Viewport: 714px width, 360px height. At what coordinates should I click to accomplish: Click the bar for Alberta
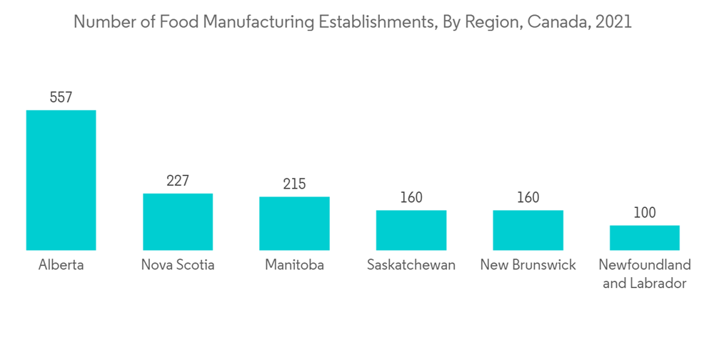point(61,180)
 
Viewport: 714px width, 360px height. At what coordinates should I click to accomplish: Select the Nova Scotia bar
point(178,221)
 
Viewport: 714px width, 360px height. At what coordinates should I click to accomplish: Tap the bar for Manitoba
point(294,223)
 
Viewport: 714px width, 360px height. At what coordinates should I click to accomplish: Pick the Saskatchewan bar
point(411,230)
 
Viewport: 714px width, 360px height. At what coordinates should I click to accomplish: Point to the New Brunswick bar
point(528,230)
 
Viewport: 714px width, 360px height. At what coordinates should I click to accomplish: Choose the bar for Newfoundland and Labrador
point(645,237)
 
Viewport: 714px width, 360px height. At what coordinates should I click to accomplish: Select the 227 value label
point(178,181)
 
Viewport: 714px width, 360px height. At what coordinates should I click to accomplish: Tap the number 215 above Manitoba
point(294,184)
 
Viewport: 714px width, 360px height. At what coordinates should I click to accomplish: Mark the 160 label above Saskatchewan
point(411,198)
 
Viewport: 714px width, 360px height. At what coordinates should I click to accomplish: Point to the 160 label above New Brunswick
point(528,198)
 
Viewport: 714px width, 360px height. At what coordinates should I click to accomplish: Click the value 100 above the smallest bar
point(645,213)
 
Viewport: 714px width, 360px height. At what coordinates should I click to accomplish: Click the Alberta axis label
point(61,266)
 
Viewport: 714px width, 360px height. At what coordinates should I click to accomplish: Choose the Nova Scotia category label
point(178,266)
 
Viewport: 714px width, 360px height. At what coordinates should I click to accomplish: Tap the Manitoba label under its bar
point(294,266)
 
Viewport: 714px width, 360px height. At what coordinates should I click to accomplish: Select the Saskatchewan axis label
point(411,266)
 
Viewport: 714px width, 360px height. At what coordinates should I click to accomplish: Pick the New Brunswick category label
point(528,266)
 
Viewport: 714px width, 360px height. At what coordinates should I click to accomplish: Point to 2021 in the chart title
point(613,22)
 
